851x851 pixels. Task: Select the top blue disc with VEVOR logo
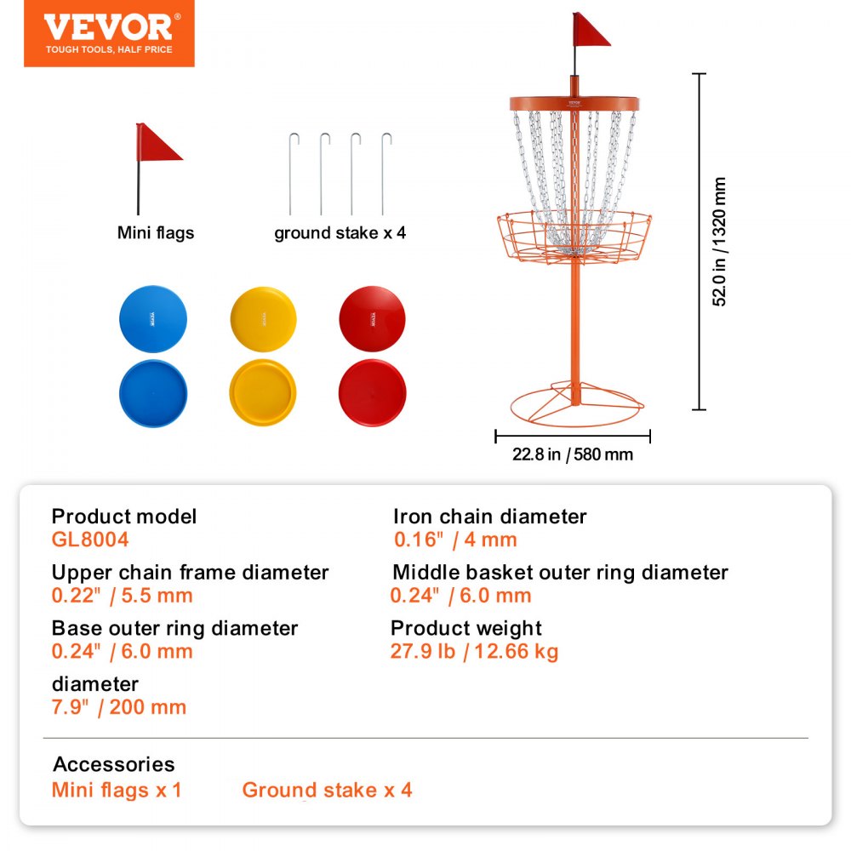click(x=153, y=319)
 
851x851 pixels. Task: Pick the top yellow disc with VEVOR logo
click(x=263, y=319)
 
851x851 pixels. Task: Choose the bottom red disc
click(x=372, y=393)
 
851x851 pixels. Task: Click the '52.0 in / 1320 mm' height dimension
click(x=720, y=242)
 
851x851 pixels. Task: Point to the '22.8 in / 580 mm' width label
click(x=573, y=454)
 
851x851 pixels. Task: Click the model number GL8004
click(x=90, y=539)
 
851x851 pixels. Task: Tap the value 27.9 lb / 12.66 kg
click(x=474, y=652)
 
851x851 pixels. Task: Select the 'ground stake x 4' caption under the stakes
click(x=340, y=233)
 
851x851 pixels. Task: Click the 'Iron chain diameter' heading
click(x=489, y=517)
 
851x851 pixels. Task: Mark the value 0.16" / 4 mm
click(x=455, y=540)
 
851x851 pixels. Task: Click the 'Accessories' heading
click(x=113, y=764)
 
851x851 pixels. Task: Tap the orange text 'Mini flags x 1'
click(x=117, y=790)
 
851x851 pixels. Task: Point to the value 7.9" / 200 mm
click(x=119, y=707)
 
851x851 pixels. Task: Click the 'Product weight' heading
click(x=465, y=628)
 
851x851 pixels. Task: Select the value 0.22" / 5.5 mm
click(x=122, y=596)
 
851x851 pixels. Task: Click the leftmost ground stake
click(x=291, y=174)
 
